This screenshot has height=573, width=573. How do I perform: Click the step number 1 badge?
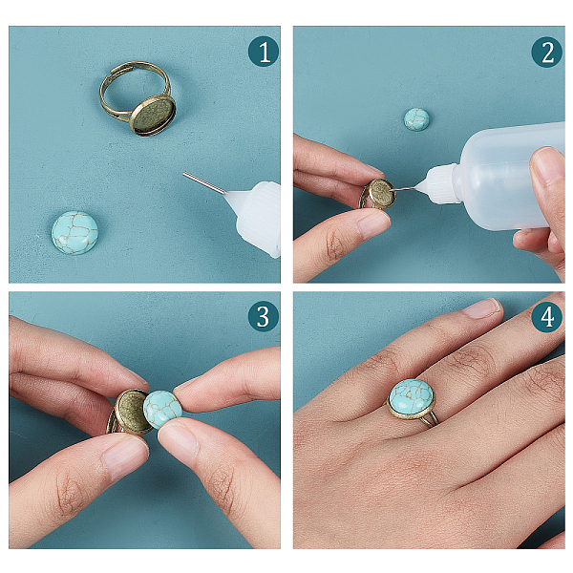pos(264,52)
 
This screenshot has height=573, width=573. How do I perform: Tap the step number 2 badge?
pos(546,52)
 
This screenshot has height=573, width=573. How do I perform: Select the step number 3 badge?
pos(264,316)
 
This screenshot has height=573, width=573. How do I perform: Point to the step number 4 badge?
pos(546,316)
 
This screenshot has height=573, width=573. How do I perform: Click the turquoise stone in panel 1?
pos(74,233)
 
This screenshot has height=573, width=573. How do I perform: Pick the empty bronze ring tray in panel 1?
pos(153,116)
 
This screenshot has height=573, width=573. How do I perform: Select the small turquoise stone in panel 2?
pos(416,119)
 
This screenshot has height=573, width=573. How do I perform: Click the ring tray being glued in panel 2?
pos(380,194)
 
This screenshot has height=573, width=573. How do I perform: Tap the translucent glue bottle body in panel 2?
pos(508,176)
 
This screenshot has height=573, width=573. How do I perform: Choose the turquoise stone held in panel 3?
pos(162,410)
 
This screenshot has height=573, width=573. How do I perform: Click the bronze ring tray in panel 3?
pos(133,412)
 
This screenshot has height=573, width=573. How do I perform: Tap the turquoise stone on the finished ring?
pos(412,399)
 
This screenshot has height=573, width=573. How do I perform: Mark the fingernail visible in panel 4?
pos(481,308)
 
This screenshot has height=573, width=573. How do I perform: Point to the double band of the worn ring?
pos(432,419)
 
